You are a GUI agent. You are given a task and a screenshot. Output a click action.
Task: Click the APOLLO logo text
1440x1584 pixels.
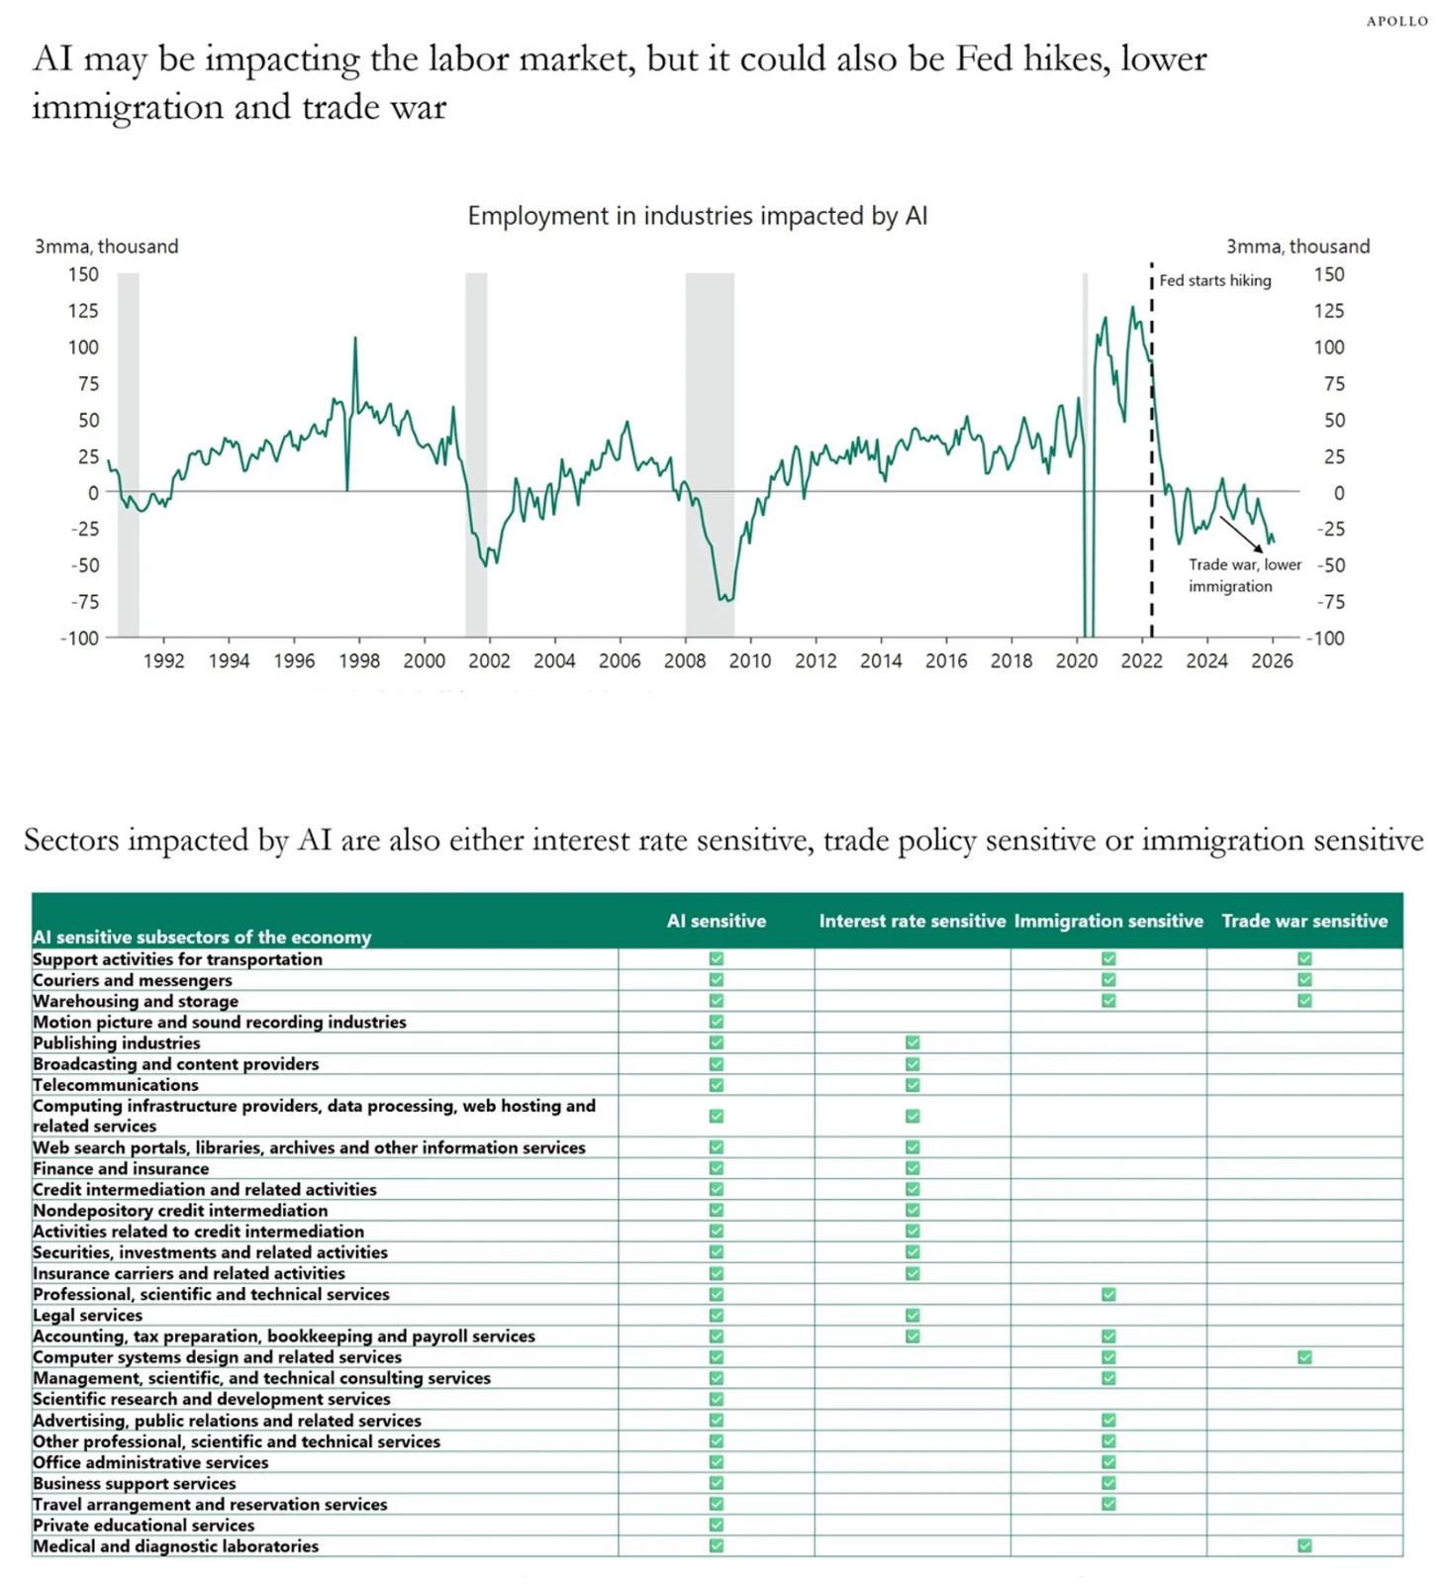point(1396,21)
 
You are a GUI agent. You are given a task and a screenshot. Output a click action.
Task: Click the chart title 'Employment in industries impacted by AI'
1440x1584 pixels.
point(697,216)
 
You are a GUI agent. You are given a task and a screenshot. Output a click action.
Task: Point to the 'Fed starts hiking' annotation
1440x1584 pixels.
point(1214,280)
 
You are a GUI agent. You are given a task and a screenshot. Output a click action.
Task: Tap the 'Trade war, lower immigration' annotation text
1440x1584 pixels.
point(1244,575)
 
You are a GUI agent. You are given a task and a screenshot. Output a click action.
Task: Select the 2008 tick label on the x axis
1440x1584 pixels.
point(685,660)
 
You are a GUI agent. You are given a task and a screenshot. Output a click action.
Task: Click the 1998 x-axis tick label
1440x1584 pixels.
point(359,660)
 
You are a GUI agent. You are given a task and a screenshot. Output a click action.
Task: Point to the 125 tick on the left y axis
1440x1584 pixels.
point(83,311)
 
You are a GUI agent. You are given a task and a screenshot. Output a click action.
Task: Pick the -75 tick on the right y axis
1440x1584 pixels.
point(1331,602)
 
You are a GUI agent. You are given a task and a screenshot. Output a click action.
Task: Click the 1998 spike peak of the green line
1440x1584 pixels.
point(355,339)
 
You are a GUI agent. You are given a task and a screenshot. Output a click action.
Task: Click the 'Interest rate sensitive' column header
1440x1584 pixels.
point(912,921)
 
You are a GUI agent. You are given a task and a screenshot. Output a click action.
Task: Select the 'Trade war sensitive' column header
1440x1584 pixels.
point(1304,921)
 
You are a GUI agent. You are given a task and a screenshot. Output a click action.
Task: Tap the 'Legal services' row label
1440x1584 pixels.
point(88,1315)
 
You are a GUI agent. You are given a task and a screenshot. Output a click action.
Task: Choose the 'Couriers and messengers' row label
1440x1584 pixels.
point(133,980)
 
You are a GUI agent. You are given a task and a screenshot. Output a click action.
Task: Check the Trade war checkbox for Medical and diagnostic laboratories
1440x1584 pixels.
point(1304,1545)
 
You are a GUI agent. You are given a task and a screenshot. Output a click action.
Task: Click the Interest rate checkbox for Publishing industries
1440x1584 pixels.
point(912,1042)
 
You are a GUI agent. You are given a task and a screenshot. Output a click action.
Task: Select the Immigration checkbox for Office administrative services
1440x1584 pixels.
point(1108,1462)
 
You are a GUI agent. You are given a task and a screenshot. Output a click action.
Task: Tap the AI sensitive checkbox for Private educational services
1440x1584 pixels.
point(717,1525)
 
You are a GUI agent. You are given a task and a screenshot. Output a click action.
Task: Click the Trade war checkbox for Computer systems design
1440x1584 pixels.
point(1304,1357)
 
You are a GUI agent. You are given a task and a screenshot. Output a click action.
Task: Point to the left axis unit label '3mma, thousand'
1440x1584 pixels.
point(107,247)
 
